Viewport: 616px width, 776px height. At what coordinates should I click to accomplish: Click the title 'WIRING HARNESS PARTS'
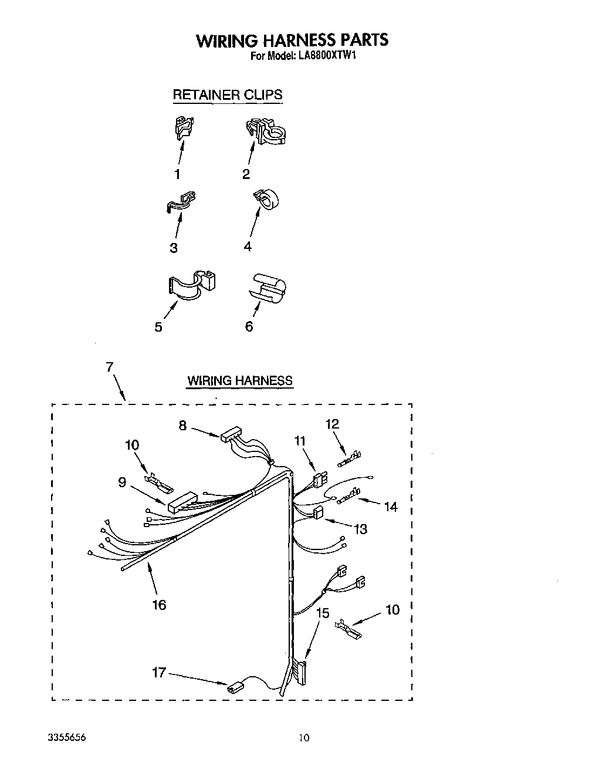click(x=292, y=40)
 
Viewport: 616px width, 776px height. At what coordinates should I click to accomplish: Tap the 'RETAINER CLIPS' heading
click(x=226, y=95)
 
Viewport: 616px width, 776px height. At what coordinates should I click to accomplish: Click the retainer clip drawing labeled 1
click(x=185, y=127)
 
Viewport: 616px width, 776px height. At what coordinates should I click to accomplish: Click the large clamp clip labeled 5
click(x=191, y=284)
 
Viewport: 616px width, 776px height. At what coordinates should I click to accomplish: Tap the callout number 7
click(x=109, y=367)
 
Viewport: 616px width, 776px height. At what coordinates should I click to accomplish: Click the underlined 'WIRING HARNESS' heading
click(x=239, y=380)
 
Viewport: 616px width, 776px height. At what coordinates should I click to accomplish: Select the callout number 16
click(x=159, y=604)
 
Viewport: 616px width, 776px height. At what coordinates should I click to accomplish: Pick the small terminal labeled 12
click(x=350, y=457)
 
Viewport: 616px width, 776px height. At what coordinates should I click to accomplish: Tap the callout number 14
click(x=391, y=507)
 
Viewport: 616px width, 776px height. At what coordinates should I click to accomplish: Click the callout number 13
click(x=361, y=529)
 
